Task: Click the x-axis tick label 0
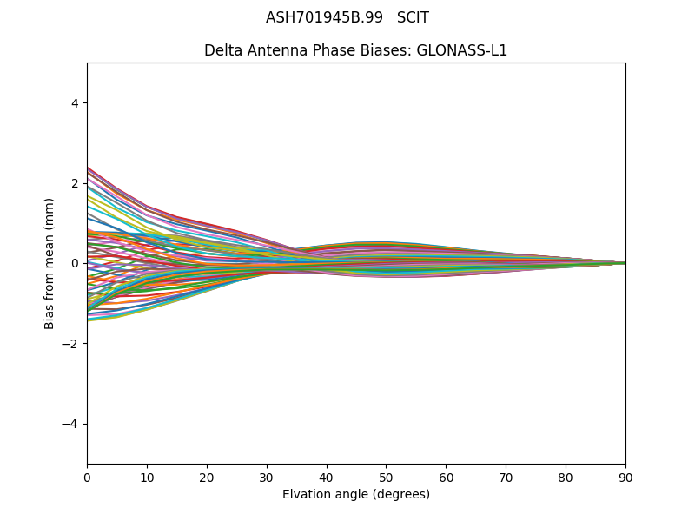pos(87,477)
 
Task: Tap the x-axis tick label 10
pos(147,477)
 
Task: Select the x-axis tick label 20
pos(207,477)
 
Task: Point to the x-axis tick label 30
pos(267,477)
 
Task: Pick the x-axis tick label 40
pos(327,477)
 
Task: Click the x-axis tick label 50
pos(386,477)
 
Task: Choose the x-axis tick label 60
pos(446,477)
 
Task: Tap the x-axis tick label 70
pos(506,477)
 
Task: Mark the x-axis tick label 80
pos(566,477)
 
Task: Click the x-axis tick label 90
pos(625,477)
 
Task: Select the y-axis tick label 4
pos(75,103)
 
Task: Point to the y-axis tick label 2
pos(75,183)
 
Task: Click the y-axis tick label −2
pos(71,344)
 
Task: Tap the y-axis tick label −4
pos(71,424)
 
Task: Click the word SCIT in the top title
pos(413,17)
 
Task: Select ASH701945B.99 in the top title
pos(324,17)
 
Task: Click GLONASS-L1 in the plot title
pos(462,50)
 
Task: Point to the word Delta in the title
pos(222,50)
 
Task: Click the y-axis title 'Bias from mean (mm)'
pos(50,263)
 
